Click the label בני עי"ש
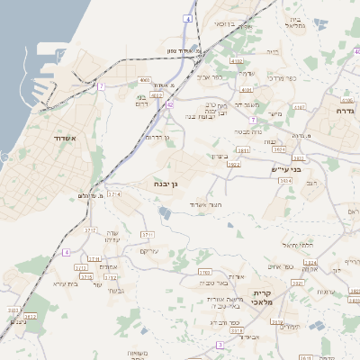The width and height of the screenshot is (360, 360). pyautogui.click(x=285, y=168)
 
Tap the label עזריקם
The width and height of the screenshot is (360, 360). pyautogui.click(x=150, y=249)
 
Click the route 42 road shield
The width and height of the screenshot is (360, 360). pyautogui.click(x=169, y=104)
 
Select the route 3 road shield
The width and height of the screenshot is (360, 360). pyautogui.click(x=220, y=345)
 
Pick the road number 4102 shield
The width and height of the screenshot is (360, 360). pyautogui.click(x=237, y=60)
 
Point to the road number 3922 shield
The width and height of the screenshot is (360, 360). pyautogui.click(x=233, y=165)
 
